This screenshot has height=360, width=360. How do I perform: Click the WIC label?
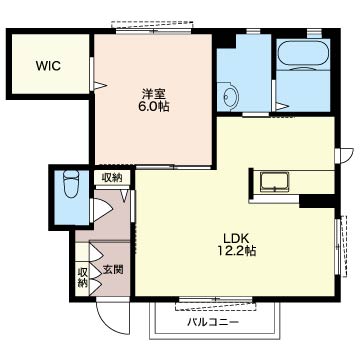(49, 66)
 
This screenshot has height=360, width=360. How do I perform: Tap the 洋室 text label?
(153, 93)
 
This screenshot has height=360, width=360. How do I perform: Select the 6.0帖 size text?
(153, 107)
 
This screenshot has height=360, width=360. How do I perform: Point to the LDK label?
(236, 238)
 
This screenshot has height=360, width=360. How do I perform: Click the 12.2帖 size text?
(236, 251)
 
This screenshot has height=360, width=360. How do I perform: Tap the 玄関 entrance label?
(113, 269)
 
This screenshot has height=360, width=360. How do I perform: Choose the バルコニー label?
(213, 322)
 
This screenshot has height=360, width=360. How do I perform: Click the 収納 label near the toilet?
(111, 178)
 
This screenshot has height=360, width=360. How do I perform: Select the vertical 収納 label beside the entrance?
(82, 278)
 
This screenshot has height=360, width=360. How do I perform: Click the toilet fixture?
(71, 184)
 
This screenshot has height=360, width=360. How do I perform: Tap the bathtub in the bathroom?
(303, 54)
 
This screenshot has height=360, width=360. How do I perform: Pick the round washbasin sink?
(231, 96)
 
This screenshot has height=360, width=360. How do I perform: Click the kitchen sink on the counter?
(274, 182)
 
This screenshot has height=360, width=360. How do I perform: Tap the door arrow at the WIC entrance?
(100, 86)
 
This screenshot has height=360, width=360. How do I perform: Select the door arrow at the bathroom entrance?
(282, 107)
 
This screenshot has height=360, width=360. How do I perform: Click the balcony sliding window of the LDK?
(215, 299)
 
